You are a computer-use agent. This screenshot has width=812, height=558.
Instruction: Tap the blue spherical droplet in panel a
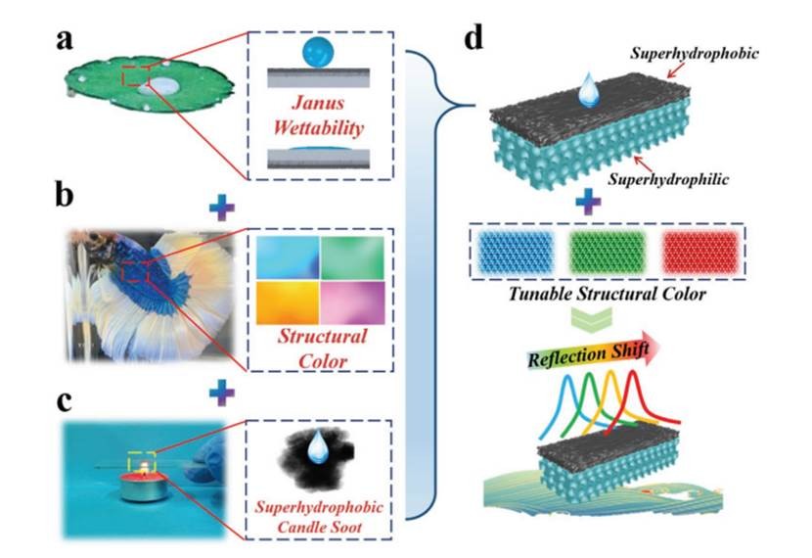point(320,49)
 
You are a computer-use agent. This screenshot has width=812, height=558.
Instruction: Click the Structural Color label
point(320,349)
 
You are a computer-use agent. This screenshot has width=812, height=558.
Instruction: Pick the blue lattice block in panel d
point(518,253)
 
